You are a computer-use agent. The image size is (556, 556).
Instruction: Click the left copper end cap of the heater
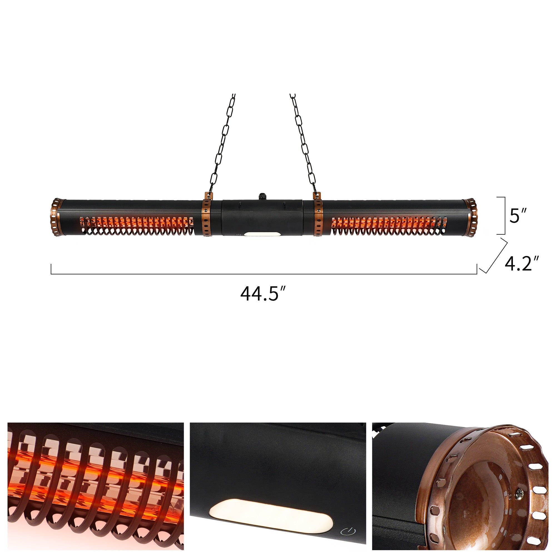pyautogui.click(x=57, y=217)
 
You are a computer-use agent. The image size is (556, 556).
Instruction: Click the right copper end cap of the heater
pyautogui.click(x=470, y=218)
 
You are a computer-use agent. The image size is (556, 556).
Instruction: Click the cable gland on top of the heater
pyautogui.click(x=262, y=196)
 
